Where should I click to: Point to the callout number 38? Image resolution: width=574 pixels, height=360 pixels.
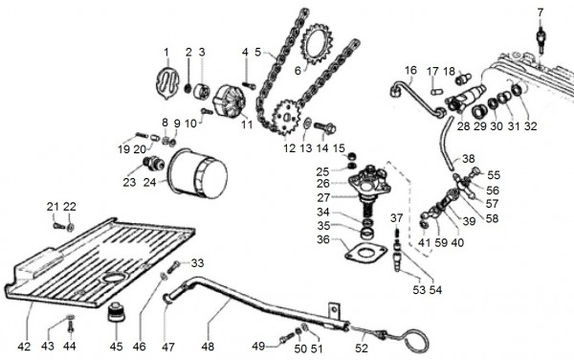468,158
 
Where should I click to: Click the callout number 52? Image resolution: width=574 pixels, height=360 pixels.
362,347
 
